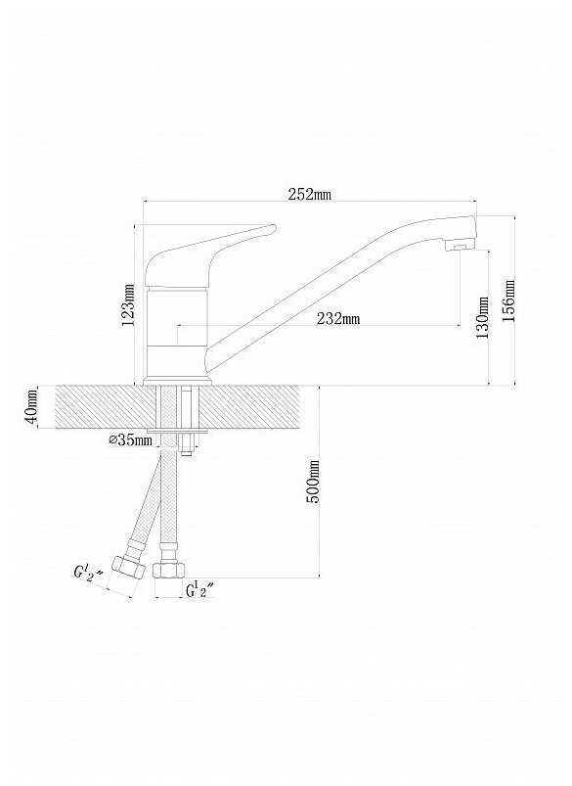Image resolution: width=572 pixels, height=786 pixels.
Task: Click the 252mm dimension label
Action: point(310,194)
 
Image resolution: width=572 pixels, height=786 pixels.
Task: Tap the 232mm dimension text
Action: point(338,318)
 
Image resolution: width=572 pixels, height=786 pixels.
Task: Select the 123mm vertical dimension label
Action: point(128,304)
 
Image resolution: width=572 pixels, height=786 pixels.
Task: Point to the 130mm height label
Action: point(482,318)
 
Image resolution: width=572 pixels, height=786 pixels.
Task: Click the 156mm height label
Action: point(508,301)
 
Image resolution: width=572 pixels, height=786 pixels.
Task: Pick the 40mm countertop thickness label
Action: point(31,406)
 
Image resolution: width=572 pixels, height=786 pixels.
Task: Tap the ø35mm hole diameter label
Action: point(130,440)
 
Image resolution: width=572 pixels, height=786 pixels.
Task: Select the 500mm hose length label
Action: point(312,482)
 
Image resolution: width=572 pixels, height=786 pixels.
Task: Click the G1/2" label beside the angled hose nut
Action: point(88,573)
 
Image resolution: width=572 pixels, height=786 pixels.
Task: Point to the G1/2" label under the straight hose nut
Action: point(199,590)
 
